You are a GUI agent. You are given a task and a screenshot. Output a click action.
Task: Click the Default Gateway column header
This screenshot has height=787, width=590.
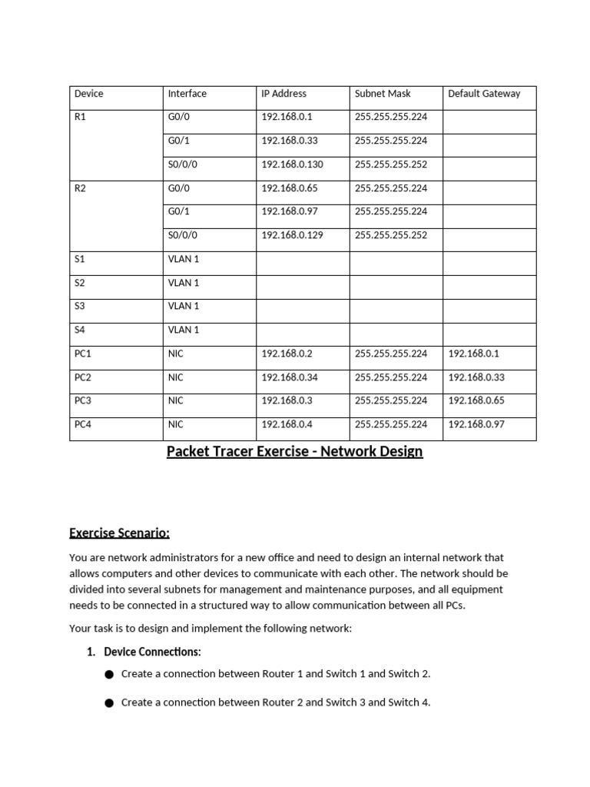pyautogui.click(x=484, y=94)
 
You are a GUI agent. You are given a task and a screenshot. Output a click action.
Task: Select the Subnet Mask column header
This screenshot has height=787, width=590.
pyautogui.click(x=383, y=94)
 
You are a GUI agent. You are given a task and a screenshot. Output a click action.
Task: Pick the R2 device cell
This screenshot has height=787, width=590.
pyautogui.click(x=80, y=188)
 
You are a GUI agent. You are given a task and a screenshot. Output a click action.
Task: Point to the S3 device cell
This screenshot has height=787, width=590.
pyautogui.click(x=80, y=306)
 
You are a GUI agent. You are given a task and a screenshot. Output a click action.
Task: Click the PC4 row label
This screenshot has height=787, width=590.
pyautogui.click(x=83, y=424)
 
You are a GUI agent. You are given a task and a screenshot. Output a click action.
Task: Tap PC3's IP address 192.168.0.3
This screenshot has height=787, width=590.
pyautogui.click(x=287, y=400)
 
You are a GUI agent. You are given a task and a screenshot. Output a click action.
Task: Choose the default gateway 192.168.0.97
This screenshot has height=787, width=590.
pyautogui.click(x=476, y=424)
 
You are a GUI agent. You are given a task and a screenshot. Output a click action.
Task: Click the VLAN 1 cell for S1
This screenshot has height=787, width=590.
pyautogui.click(x=184, y=259)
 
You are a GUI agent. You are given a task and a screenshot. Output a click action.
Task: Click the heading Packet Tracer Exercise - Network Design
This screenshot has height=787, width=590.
pyautogui.click(x=295, y=451)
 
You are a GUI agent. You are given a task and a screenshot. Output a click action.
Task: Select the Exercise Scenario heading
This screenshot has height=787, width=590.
pyautogui.click(x=119, y=533)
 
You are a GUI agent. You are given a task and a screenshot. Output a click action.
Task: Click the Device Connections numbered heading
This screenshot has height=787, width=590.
pyautogui.click(x=152, y=652)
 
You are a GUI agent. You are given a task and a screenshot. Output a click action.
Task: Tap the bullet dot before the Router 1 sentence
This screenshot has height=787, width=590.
pyautogui.click(x=108, y=675)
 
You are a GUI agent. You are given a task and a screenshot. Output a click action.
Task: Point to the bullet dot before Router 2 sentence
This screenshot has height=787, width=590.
pyautogui.click(x=108, y=703)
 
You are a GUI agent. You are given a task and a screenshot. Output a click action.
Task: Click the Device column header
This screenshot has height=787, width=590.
pyautogui.click(x=89, y=94)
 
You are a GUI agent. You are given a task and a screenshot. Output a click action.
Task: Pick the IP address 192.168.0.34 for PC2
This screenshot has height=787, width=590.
pyautogui.click(x=290, y=377)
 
